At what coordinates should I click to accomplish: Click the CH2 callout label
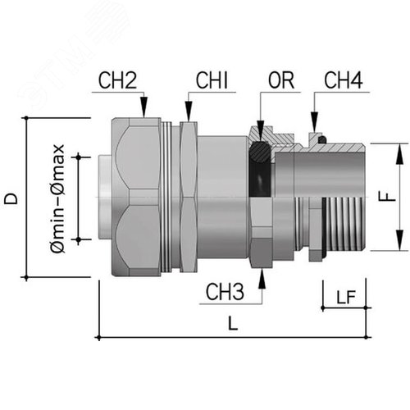point(117,80)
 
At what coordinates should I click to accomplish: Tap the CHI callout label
point(212,80)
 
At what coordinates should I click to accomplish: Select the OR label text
point(281,80)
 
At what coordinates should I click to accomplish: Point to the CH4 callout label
point(344,80)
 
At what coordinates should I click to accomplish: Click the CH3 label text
point(225,292)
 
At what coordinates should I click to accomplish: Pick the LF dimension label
point(346,297)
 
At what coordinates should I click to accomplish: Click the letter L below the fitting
point(233,323)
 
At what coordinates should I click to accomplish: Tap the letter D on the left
point(11,198)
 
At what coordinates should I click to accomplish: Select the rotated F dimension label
point(387,196)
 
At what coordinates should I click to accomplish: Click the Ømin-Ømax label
point(57,198)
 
